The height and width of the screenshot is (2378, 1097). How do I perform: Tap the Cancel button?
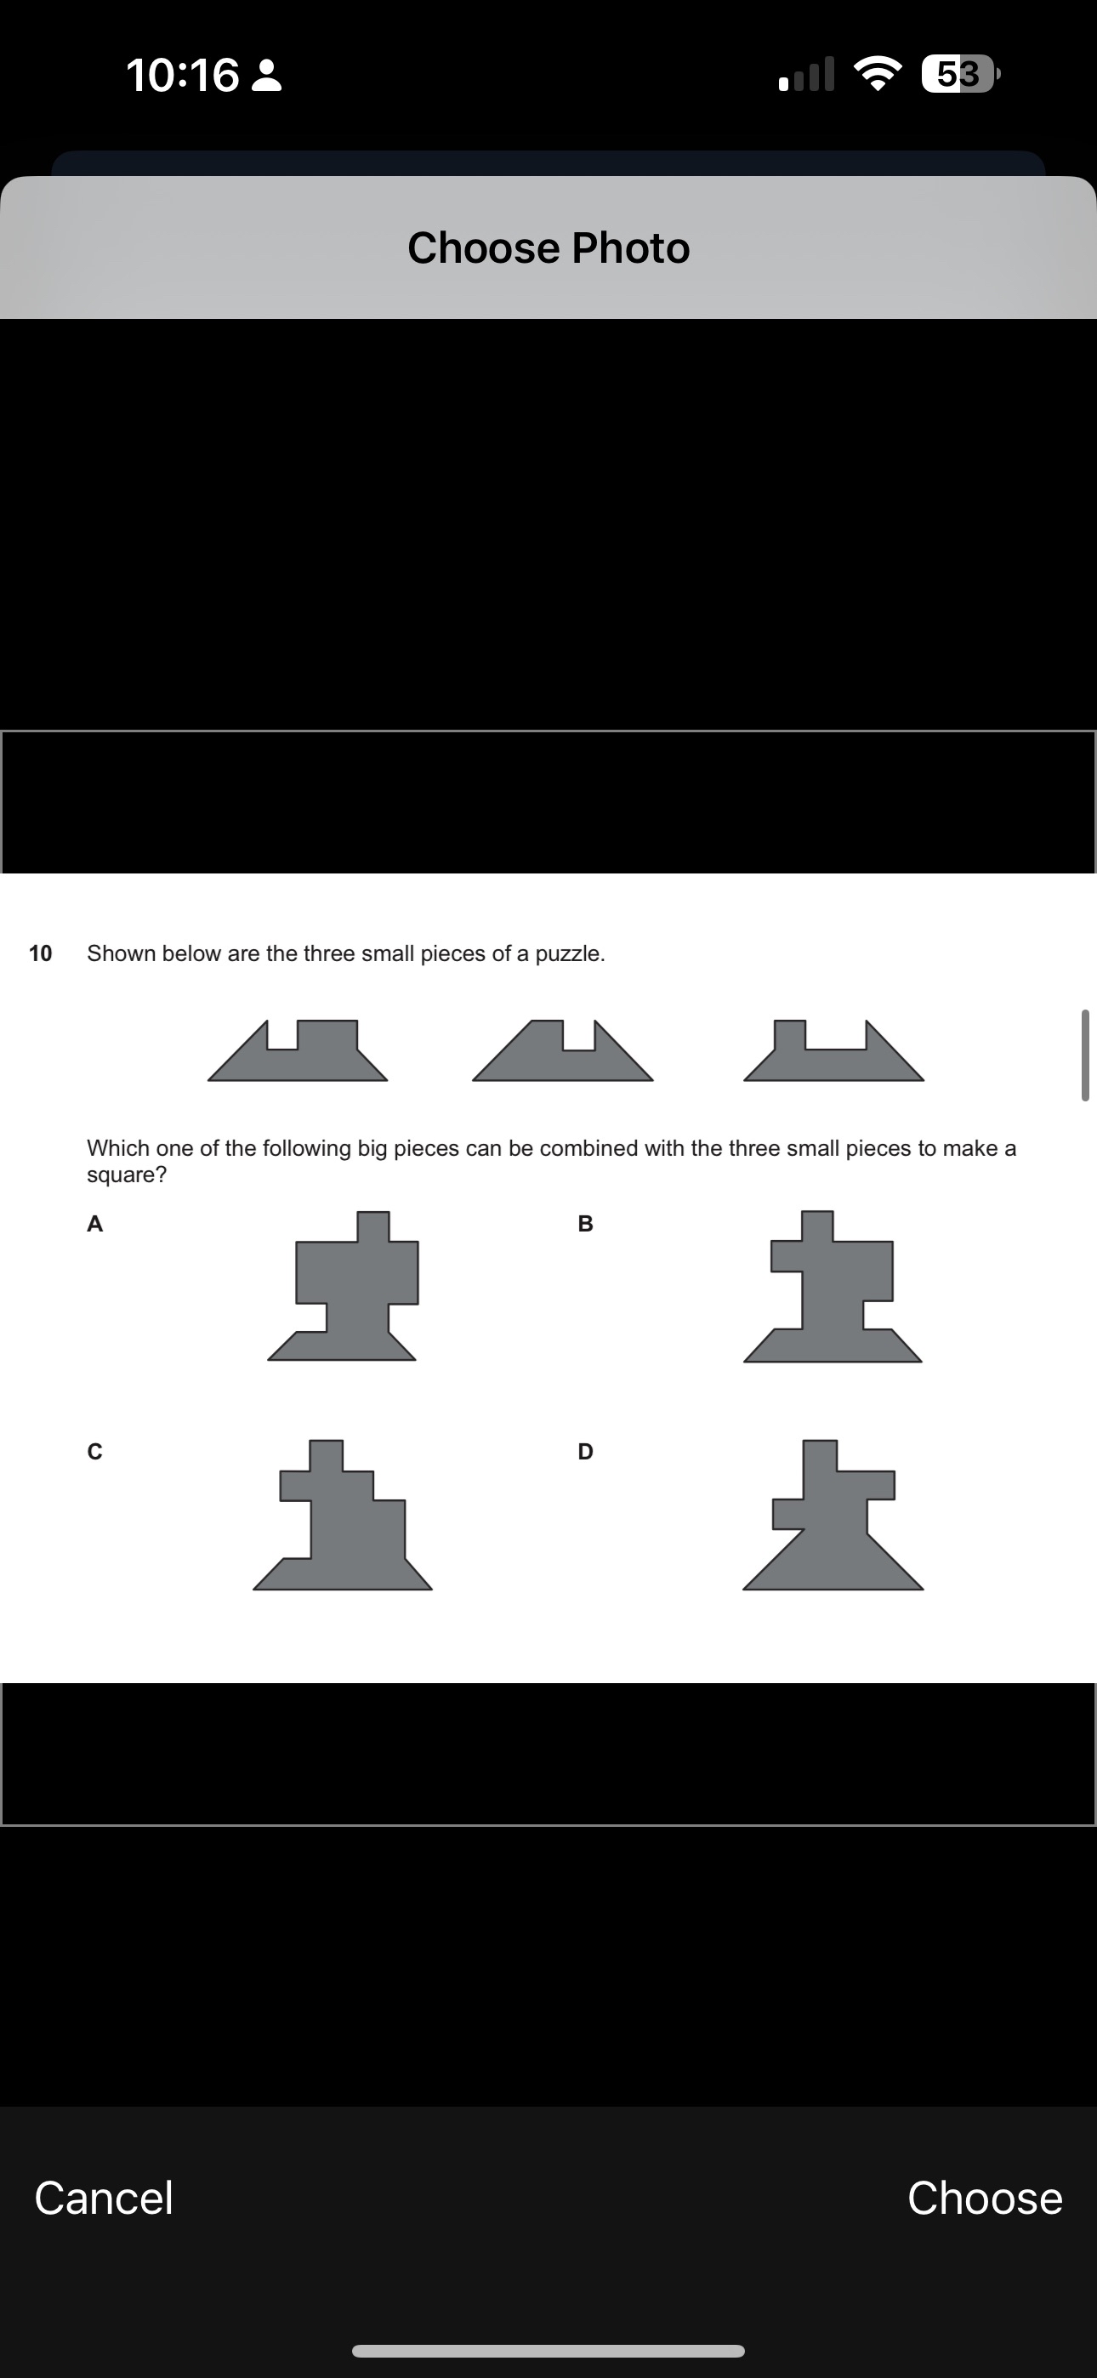[x=104, y=2198]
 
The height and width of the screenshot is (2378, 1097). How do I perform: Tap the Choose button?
[x=985, y=2198]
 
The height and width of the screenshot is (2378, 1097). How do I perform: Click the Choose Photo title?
[x=548, y=247]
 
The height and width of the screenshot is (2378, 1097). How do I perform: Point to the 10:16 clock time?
[x=182, y=75]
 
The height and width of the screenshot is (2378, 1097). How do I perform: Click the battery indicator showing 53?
[x=960, y=74]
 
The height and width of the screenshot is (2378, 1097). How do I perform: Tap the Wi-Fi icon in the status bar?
[x=878, y=74]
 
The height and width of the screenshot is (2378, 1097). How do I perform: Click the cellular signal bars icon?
[x=807, y=74]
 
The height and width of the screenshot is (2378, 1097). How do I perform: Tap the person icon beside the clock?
[x=267, y=76]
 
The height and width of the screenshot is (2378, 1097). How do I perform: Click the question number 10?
[x=41, y=953]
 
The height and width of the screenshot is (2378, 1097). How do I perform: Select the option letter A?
[x=94, y=1224]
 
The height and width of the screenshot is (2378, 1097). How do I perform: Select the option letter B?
[x=584, y=1224]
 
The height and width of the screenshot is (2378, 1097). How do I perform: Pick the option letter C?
[x=94, y=1452]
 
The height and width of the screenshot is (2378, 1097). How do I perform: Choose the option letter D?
[x=585, y=1452]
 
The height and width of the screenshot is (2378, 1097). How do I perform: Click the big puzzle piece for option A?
[x=355, y=1293]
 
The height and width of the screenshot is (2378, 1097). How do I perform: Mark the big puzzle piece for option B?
[x=832, y=1293]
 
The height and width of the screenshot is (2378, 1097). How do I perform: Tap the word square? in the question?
[x=127, y=1175]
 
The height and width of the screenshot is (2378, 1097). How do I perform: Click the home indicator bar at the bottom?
[x=548, y=2350]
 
